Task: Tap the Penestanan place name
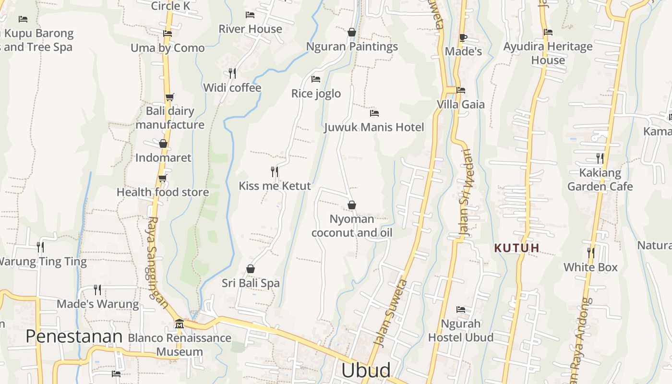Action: click(74, 336)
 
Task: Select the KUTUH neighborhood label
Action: click(517, 248)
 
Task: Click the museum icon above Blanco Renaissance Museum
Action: click(180, 324)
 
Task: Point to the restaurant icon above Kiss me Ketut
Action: click(275, 171)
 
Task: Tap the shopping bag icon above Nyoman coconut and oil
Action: click(352, 205)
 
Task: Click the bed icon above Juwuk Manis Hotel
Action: click(374, 113)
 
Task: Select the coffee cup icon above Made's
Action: click(463, 37)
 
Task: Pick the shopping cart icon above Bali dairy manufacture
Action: click(169, 97)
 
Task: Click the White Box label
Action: click(590, 267)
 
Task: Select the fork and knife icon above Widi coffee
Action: click(232, 73)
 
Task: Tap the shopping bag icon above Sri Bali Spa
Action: click(250, 269)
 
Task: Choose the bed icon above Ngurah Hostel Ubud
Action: click(461, 310)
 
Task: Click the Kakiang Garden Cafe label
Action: click(600, 180)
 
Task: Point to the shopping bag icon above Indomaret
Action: click(163, 144)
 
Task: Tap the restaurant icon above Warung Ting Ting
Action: click(40, 247)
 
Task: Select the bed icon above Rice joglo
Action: click(316, 79)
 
